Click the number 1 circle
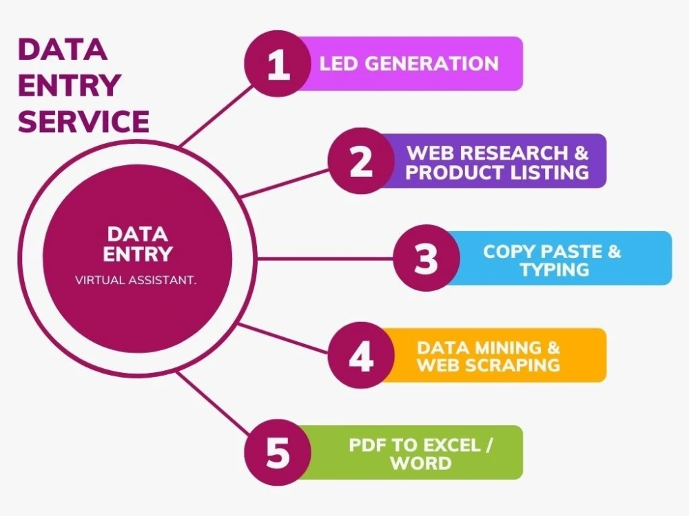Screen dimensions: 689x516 click(278, 63)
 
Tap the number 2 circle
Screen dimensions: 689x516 click(361, 160)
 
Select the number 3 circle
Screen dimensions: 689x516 click(426, 258)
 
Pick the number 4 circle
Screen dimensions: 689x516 click(361, 355)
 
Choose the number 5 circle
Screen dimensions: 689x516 click(278, 453)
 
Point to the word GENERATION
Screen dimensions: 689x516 click(431, 63)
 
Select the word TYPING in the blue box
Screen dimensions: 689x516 click(555, 269)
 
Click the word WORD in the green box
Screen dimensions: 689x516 click(421, 463)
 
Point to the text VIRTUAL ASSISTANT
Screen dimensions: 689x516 click(136, 280)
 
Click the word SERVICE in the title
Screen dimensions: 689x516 click(83, 121)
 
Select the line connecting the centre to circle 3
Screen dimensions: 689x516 click(325, 259)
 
